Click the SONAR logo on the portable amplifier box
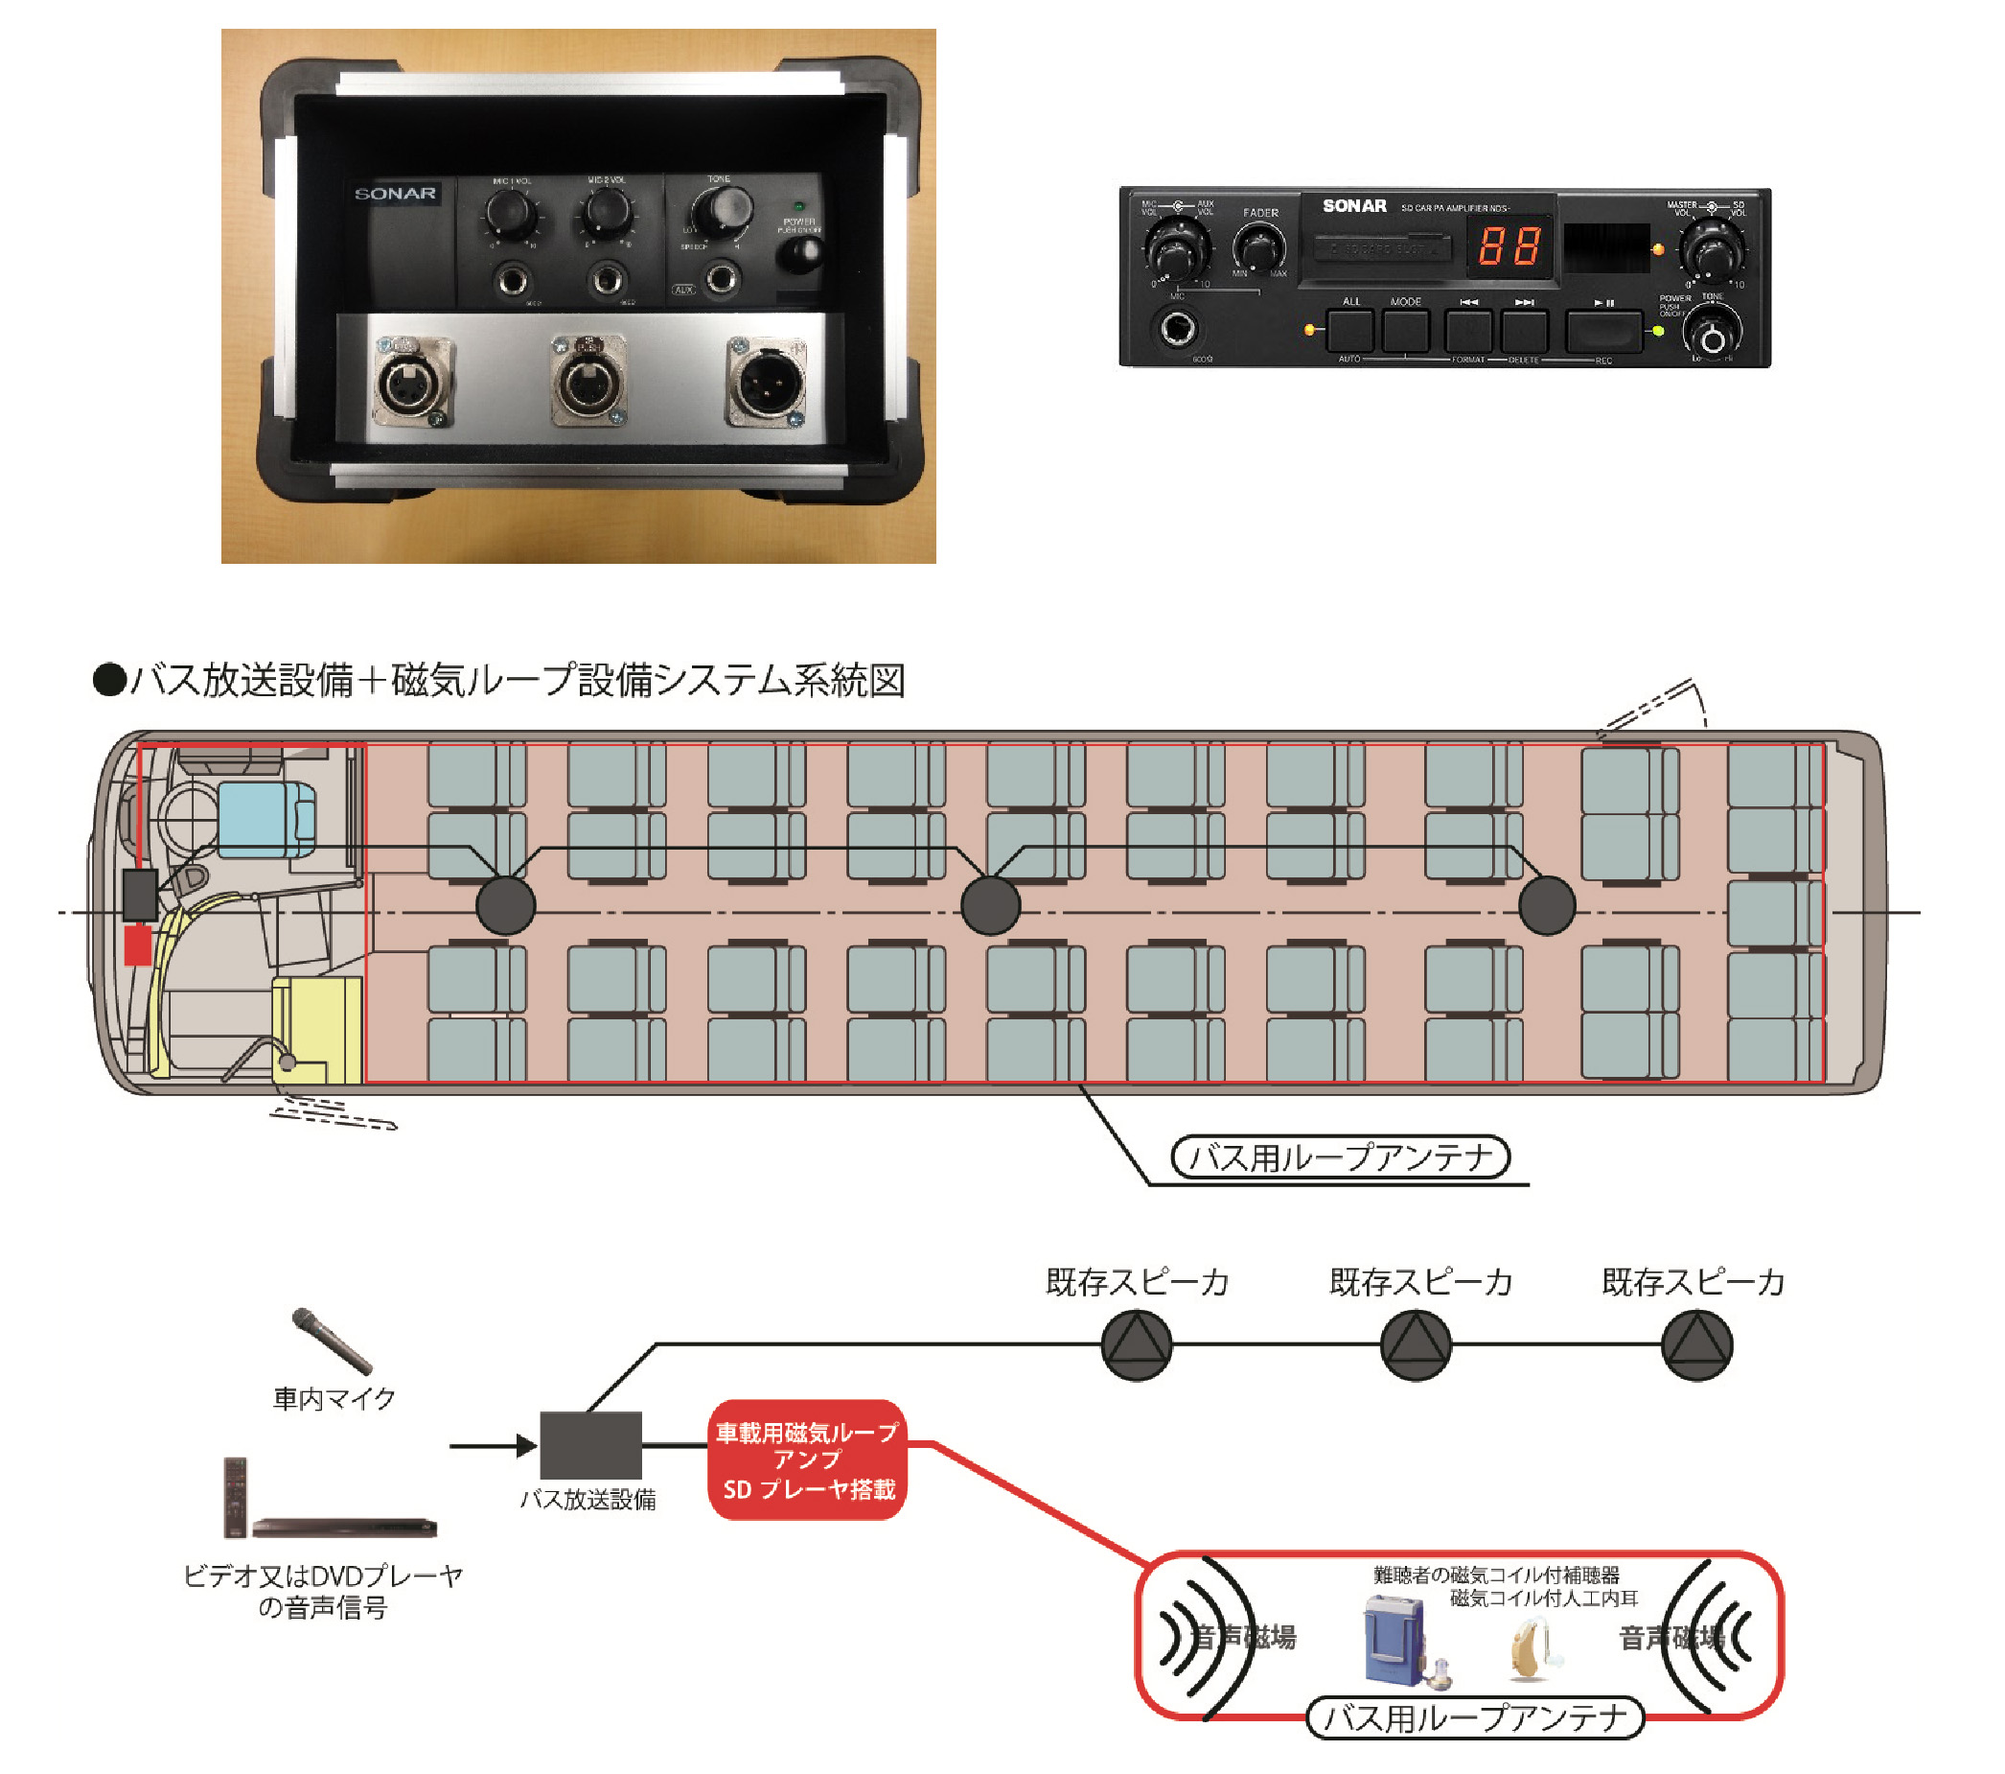395,195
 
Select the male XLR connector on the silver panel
766,384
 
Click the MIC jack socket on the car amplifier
1178,329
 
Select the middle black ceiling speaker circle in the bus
991,905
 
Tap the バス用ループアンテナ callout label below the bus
1340,1157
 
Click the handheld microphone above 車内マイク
332,1342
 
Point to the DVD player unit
343,1527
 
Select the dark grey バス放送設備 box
591,1444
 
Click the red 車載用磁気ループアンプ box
806,1460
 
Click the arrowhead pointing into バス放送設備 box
527,1445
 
